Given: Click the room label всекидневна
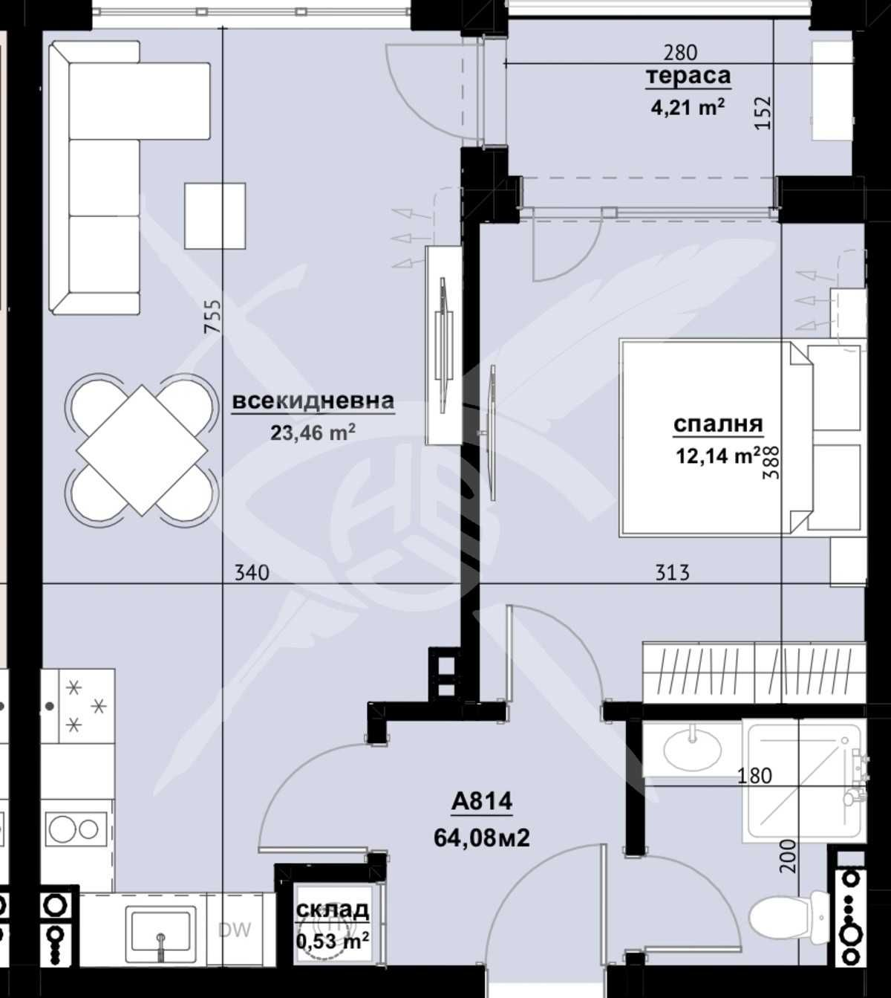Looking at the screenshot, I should click(x=313, y=401).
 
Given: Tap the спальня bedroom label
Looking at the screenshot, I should click(x=717, y=424).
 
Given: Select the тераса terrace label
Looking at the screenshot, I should click(x=688, y=77).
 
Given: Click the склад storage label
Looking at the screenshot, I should click(x=332, y=909).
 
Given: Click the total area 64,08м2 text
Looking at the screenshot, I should click(x=481, y=838).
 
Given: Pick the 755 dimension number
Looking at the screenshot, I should click(x=213, y=317).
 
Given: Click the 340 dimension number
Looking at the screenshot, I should click(x=252, y=572).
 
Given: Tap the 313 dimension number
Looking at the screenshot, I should click(x=672, y=572).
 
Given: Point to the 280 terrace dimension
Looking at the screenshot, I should click(x=680, y=53).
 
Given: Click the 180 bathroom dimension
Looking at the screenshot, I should click(x=755, y=776).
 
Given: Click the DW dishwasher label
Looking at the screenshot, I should click(x=235, y=930).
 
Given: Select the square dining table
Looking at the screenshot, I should click(x=142, y=450).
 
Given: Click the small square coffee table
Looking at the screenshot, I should click(x=215, y=216).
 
